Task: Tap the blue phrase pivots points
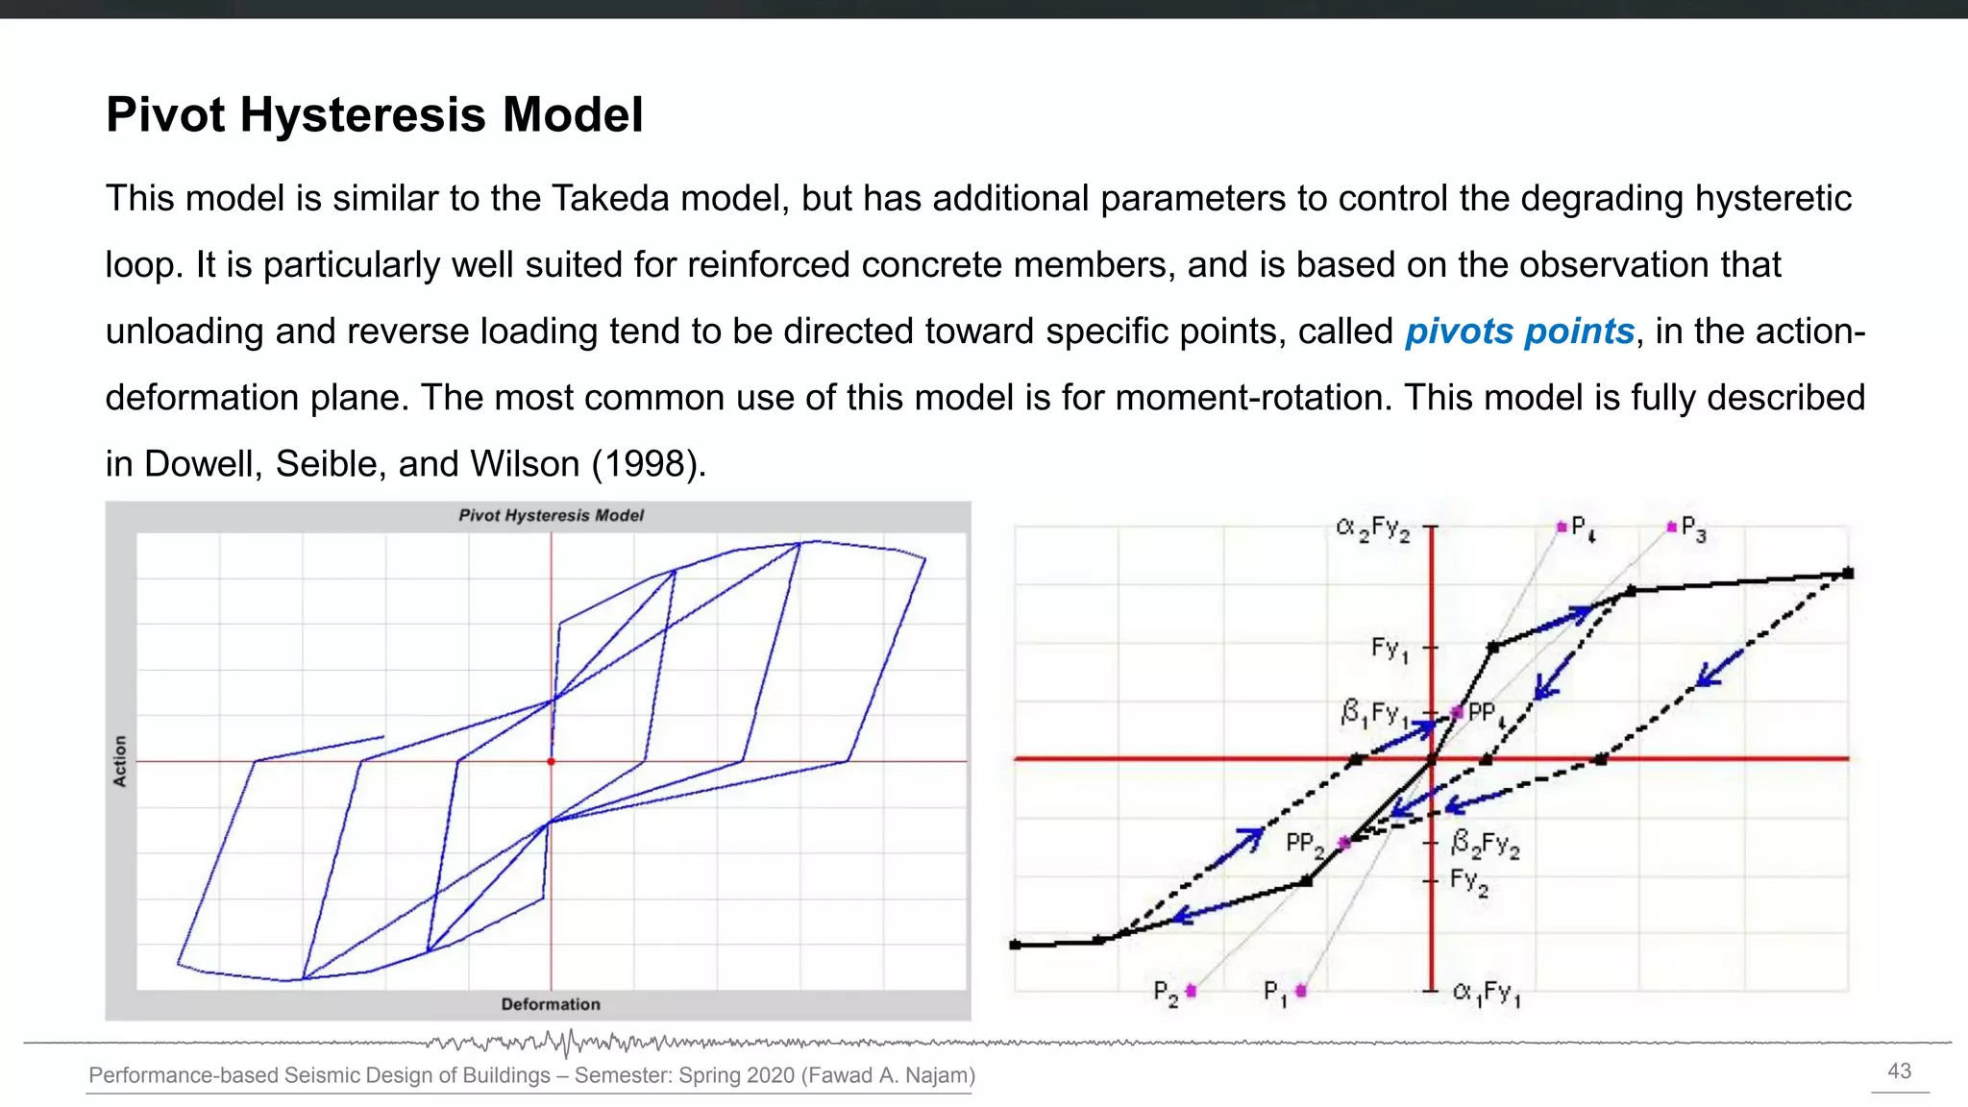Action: [1518, 332]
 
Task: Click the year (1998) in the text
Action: [648, 464]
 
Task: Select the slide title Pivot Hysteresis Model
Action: [374, 114]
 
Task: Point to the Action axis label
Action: [120, 761]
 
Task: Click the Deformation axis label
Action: [550, 1004]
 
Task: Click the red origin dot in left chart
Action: [551, 762]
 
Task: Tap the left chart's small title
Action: [551, 515]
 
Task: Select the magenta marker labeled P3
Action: [1672, 527]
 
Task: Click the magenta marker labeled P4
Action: [1562, 527]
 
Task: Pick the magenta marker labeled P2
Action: [1191, 991]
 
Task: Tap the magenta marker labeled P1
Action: [1301, 991]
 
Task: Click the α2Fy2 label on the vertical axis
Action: [1372, 529]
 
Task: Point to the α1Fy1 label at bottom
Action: [1486, 993]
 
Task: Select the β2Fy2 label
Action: [1485, 844]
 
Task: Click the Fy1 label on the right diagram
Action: [1389, 650]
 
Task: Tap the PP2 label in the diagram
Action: [1304, 845]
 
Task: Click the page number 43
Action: [1899, 1071]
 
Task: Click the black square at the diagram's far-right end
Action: [1847, 574]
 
